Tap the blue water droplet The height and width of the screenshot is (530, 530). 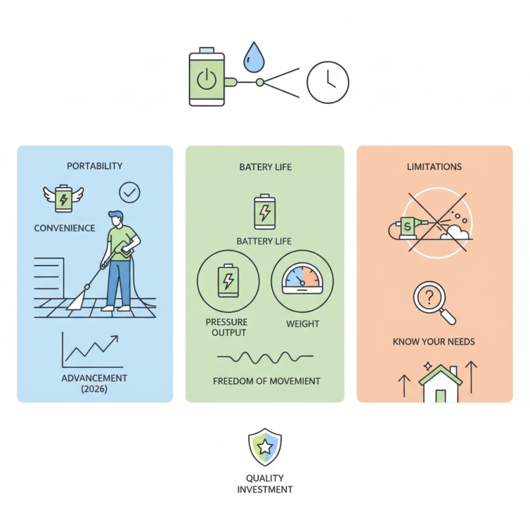254,58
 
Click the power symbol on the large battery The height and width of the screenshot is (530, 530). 207,79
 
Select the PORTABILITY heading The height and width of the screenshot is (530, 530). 95,166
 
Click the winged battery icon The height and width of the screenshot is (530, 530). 64,198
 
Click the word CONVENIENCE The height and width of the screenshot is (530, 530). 64,228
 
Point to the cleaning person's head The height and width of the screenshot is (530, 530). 116,219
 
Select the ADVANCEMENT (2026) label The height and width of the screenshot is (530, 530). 94,384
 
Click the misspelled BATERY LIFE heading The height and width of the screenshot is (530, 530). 266,167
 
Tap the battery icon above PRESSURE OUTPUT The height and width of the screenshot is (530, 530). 228,280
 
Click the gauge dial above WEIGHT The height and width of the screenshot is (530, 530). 302,278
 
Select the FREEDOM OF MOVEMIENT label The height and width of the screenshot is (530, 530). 267,382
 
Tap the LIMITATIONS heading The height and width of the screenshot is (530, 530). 435,167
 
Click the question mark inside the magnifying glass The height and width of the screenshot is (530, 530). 429,297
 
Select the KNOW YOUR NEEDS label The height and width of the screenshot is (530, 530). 434,342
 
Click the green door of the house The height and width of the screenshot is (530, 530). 441,396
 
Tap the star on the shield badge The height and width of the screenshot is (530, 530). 265,447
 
